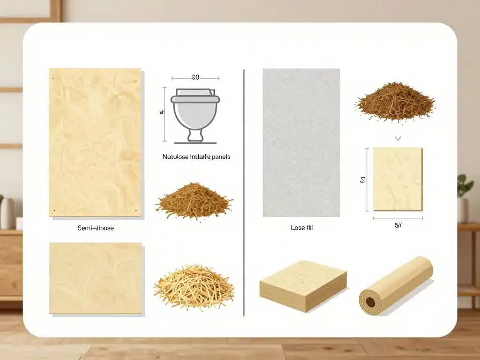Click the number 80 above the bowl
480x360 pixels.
pyautogui.click(x=195, y=77)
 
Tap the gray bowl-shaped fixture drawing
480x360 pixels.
pyautogui.click(x=195, y=115)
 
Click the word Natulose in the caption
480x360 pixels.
pyautogui.click(x=175, y=157)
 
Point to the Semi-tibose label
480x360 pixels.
pyautogui.click(x=95, y=228)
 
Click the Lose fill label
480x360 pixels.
pyautogui.click(x=301, y=228)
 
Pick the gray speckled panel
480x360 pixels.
pyautogui.click(x=301, y=142)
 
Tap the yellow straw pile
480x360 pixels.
pyautogui.click(x=194, y=286)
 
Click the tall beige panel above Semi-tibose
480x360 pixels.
pyautogui.click(x=95, y=142)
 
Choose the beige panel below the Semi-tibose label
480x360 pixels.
pyautogui.click(x=96, y=278)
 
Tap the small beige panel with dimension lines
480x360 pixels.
pyautogui.click(x=397, y=179)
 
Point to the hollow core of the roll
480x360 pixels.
pyautogui.click(x=370, y=302)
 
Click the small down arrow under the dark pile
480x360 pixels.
pyautogui.click(x=397, y=139)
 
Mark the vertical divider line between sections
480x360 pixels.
pyautogui.click(x=244, y=192)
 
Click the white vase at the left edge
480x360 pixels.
pyautogui.click(x=7, y=213)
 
